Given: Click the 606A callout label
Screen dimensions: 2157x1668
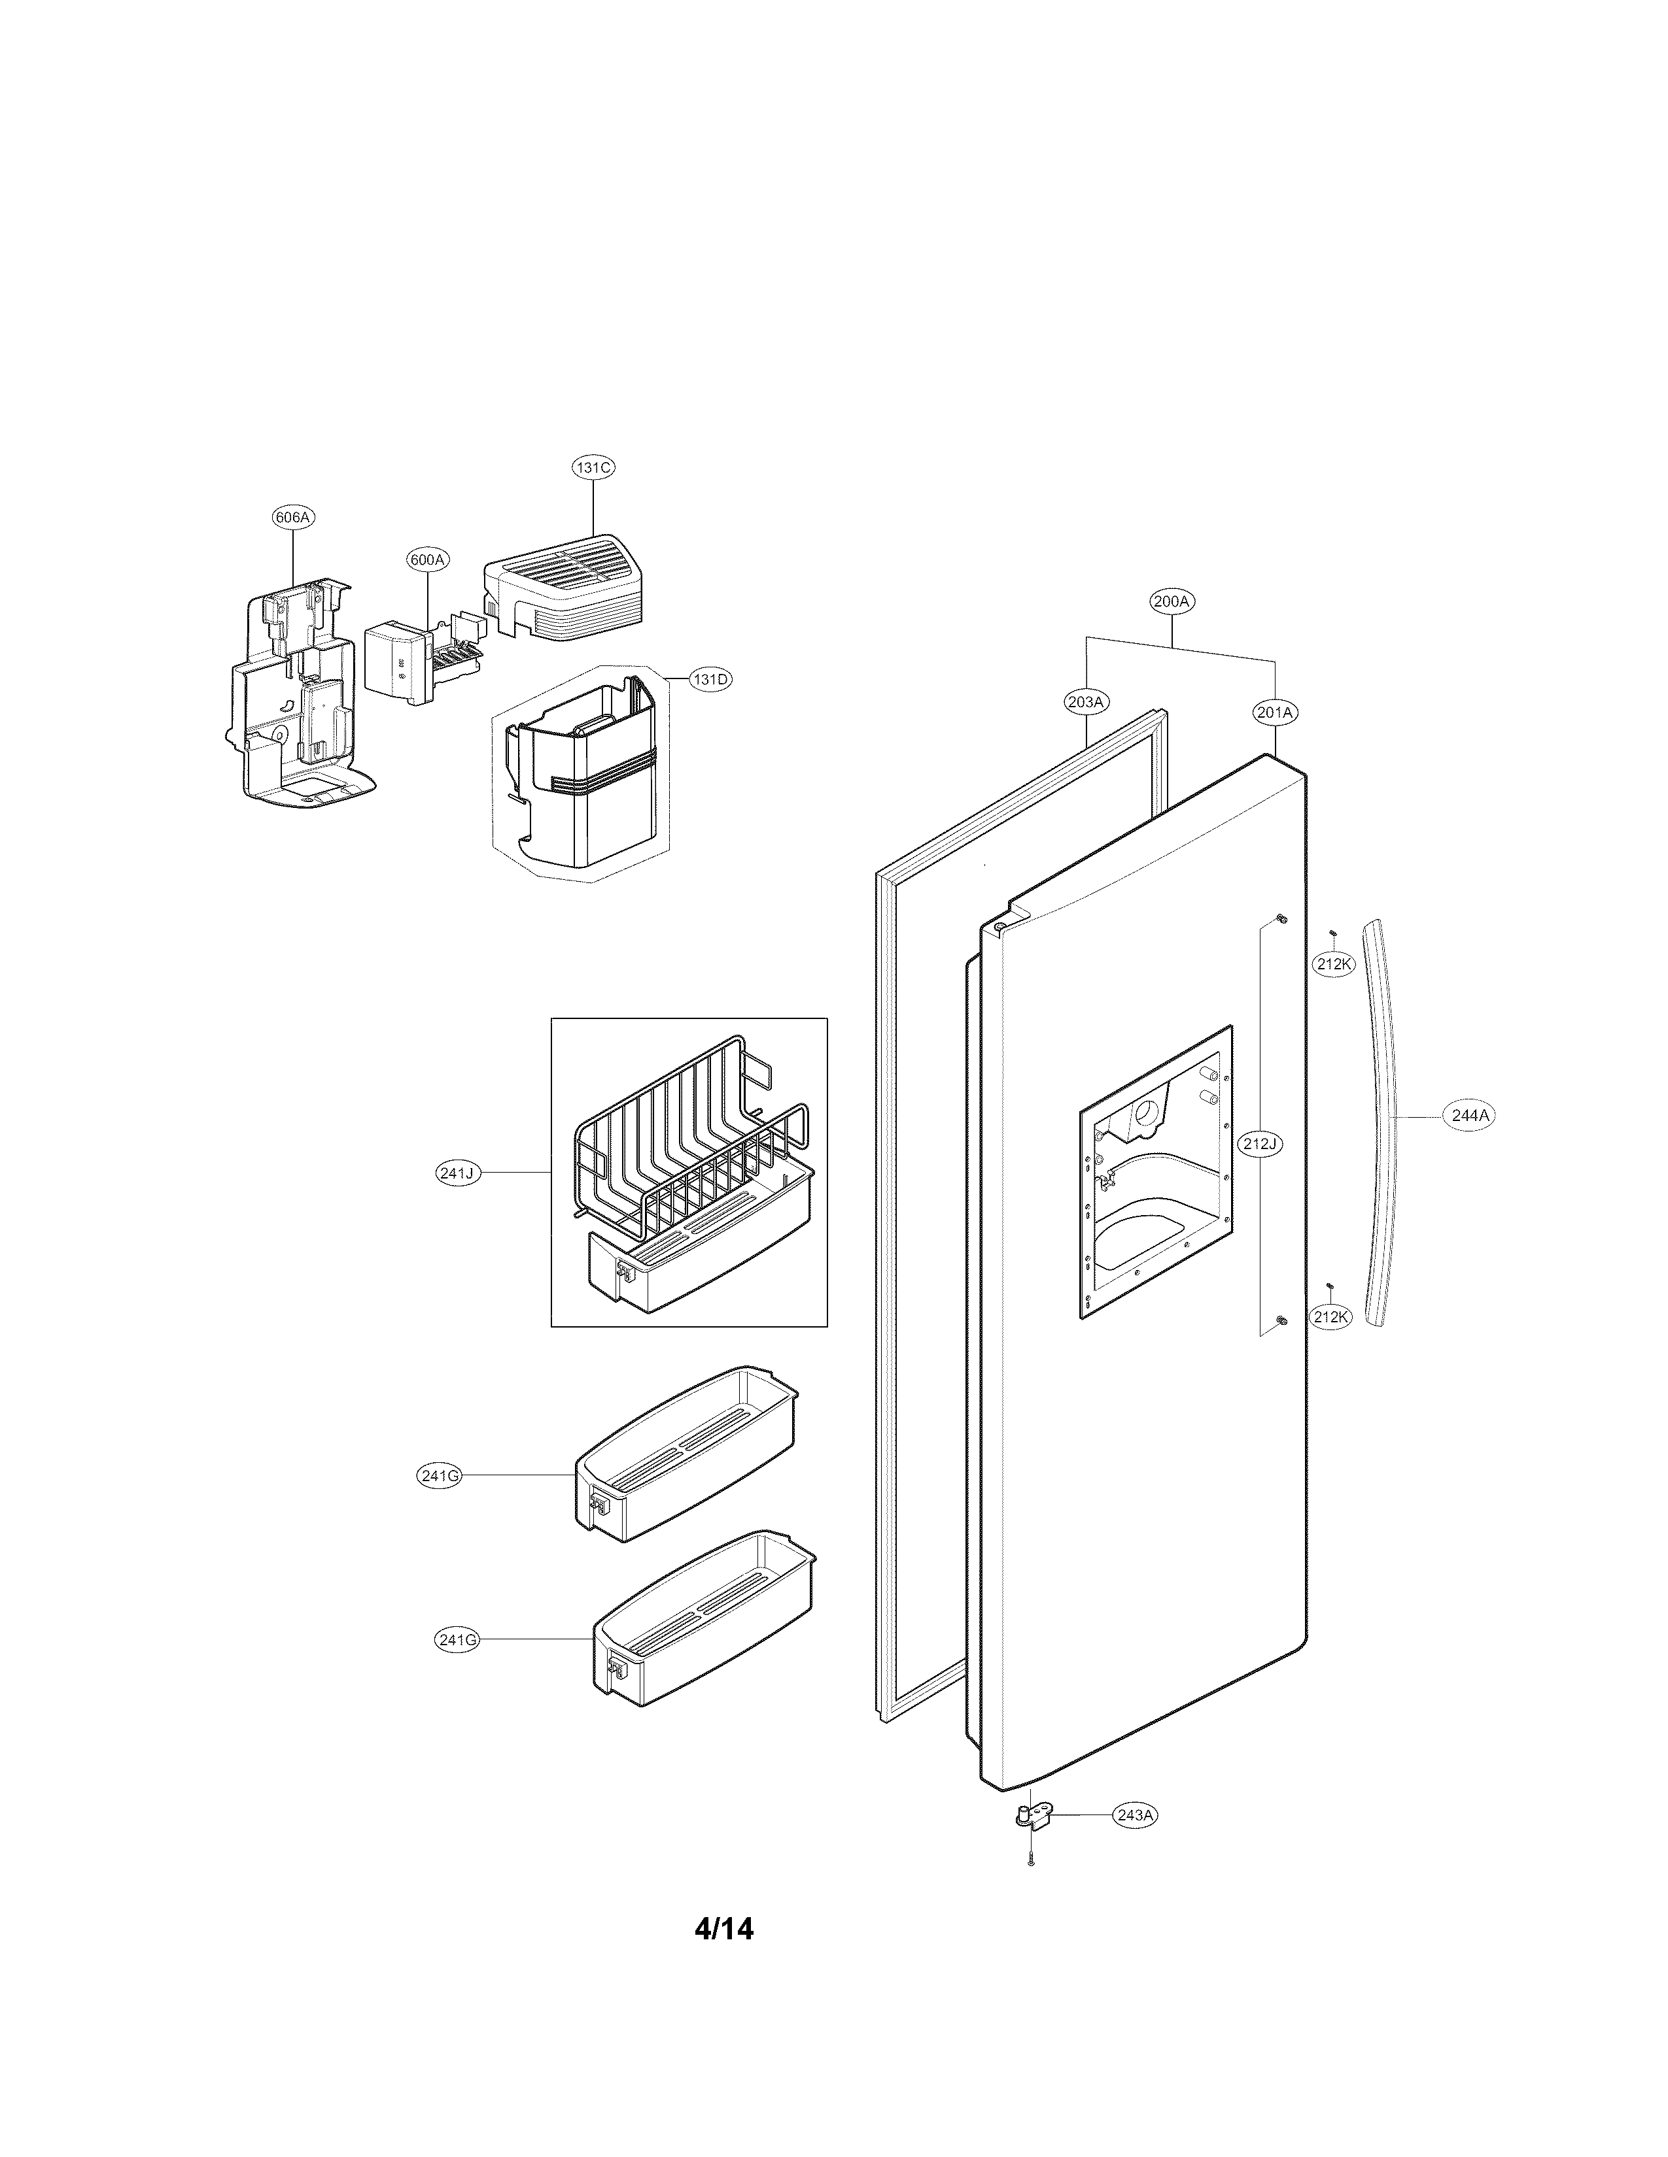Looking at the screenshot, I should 294,516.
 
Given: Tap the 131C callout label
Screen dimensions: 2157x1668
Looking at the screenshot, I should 593,467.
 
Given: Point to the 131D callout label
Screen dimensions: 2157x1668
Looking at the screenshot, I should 710,680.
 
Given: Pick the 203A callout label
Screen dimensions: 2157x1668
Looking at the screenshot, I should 1086,702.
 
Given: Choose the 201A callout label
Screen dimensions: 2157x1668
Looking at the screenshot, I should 1276,712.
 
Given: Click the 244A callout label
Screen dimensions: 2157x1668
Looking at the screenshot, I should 1469,1116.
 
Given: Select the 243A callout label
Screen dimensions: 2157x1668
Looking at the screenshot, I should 1134,1815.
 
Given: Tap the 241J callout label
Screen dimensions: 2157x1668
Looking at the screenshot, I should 457,1173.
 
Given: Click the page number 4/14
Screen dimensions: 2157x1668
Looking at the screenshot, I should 723,1956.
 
